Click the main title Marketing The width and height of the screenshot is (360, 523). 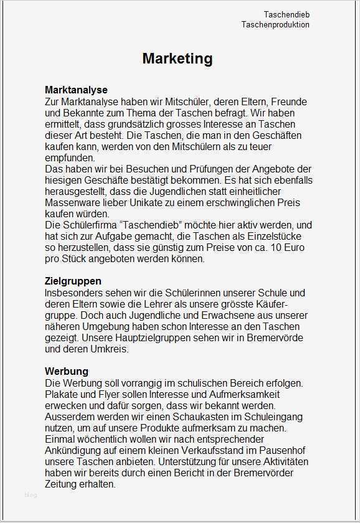(178, 59)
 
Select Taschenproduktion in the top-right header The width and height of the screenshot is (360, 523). (275, 25)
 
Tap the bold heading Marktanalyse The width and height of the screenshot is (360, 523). (76, 90)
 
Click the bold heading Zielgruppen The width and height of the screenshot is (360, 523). (73, 281)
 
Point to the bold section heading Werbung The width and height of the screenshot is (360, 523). (66, 372)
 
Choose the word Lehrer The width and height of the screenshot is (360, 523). (171, 304)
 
